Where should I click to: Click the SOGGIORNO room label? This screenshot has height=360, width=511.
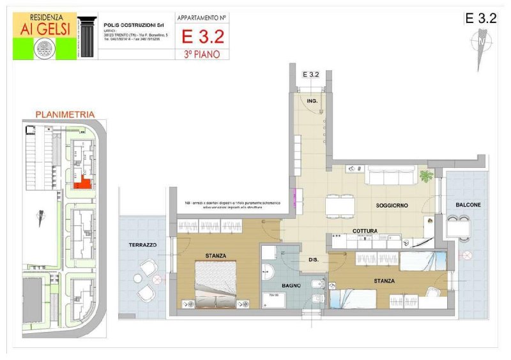coord(392,205)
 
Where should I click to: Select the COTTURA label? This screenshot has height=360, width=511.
coord(365,230)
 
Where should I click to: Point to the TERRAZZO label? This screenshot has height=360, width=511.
coord(142,244)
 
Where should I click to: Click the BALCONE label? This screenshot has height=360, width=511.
coord(468,204)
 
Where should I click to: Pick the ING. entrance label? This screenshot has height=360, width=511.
coord(312,101)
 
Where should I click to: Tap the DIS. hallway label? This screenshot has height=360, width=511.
coord(314,260)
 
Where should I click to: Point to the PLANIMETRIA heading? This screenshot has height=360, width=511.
coord(65,114)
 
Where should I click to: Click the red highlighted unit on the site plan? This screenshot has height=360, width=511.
coord(80,184)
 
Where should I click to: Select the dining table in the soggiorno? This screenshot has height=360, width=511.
coord(340,206)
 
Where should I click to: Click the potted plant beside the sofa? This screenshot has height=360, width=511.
coord(426,176)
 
